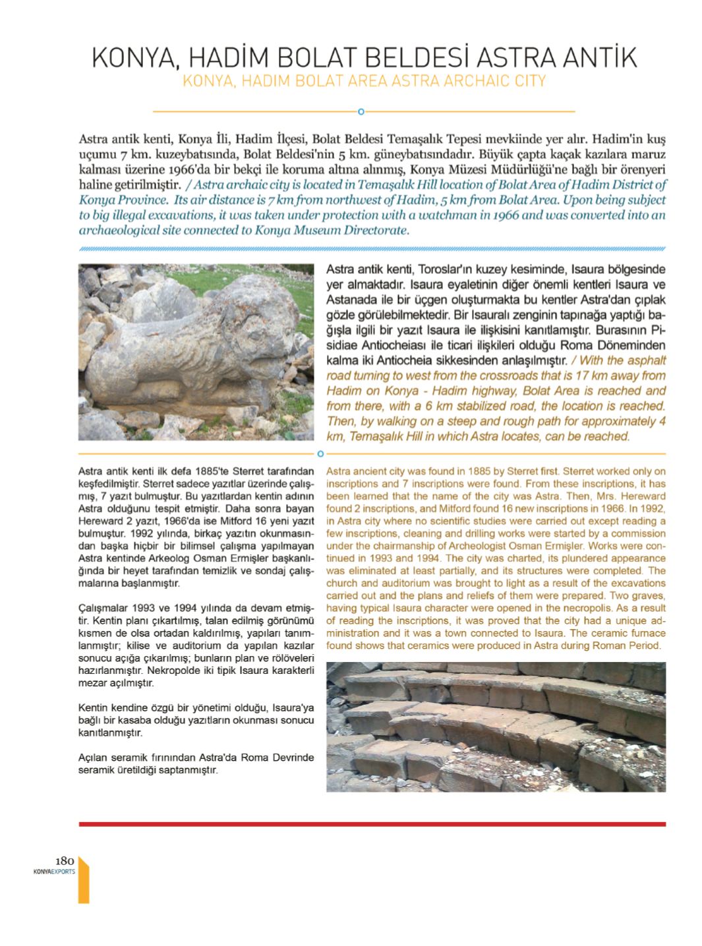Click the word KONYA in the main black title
[x=131, y=58]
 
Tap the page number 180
[x=65, y=860]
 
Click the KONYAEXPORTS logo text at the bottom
[x=54, y=871]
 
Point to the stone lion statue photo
[x=197, y=352]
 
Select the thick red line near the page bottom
[x=372, y=823]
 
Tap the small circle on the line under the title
[x=361, y=111]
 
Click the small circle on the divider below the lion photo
[x=320, y=453]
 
